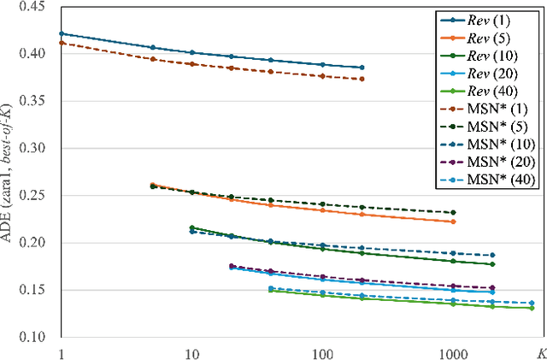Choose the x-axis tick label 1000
point(452,351)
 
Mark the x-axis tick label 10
point(191,351)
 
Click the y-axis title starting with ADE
point(11,171)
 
